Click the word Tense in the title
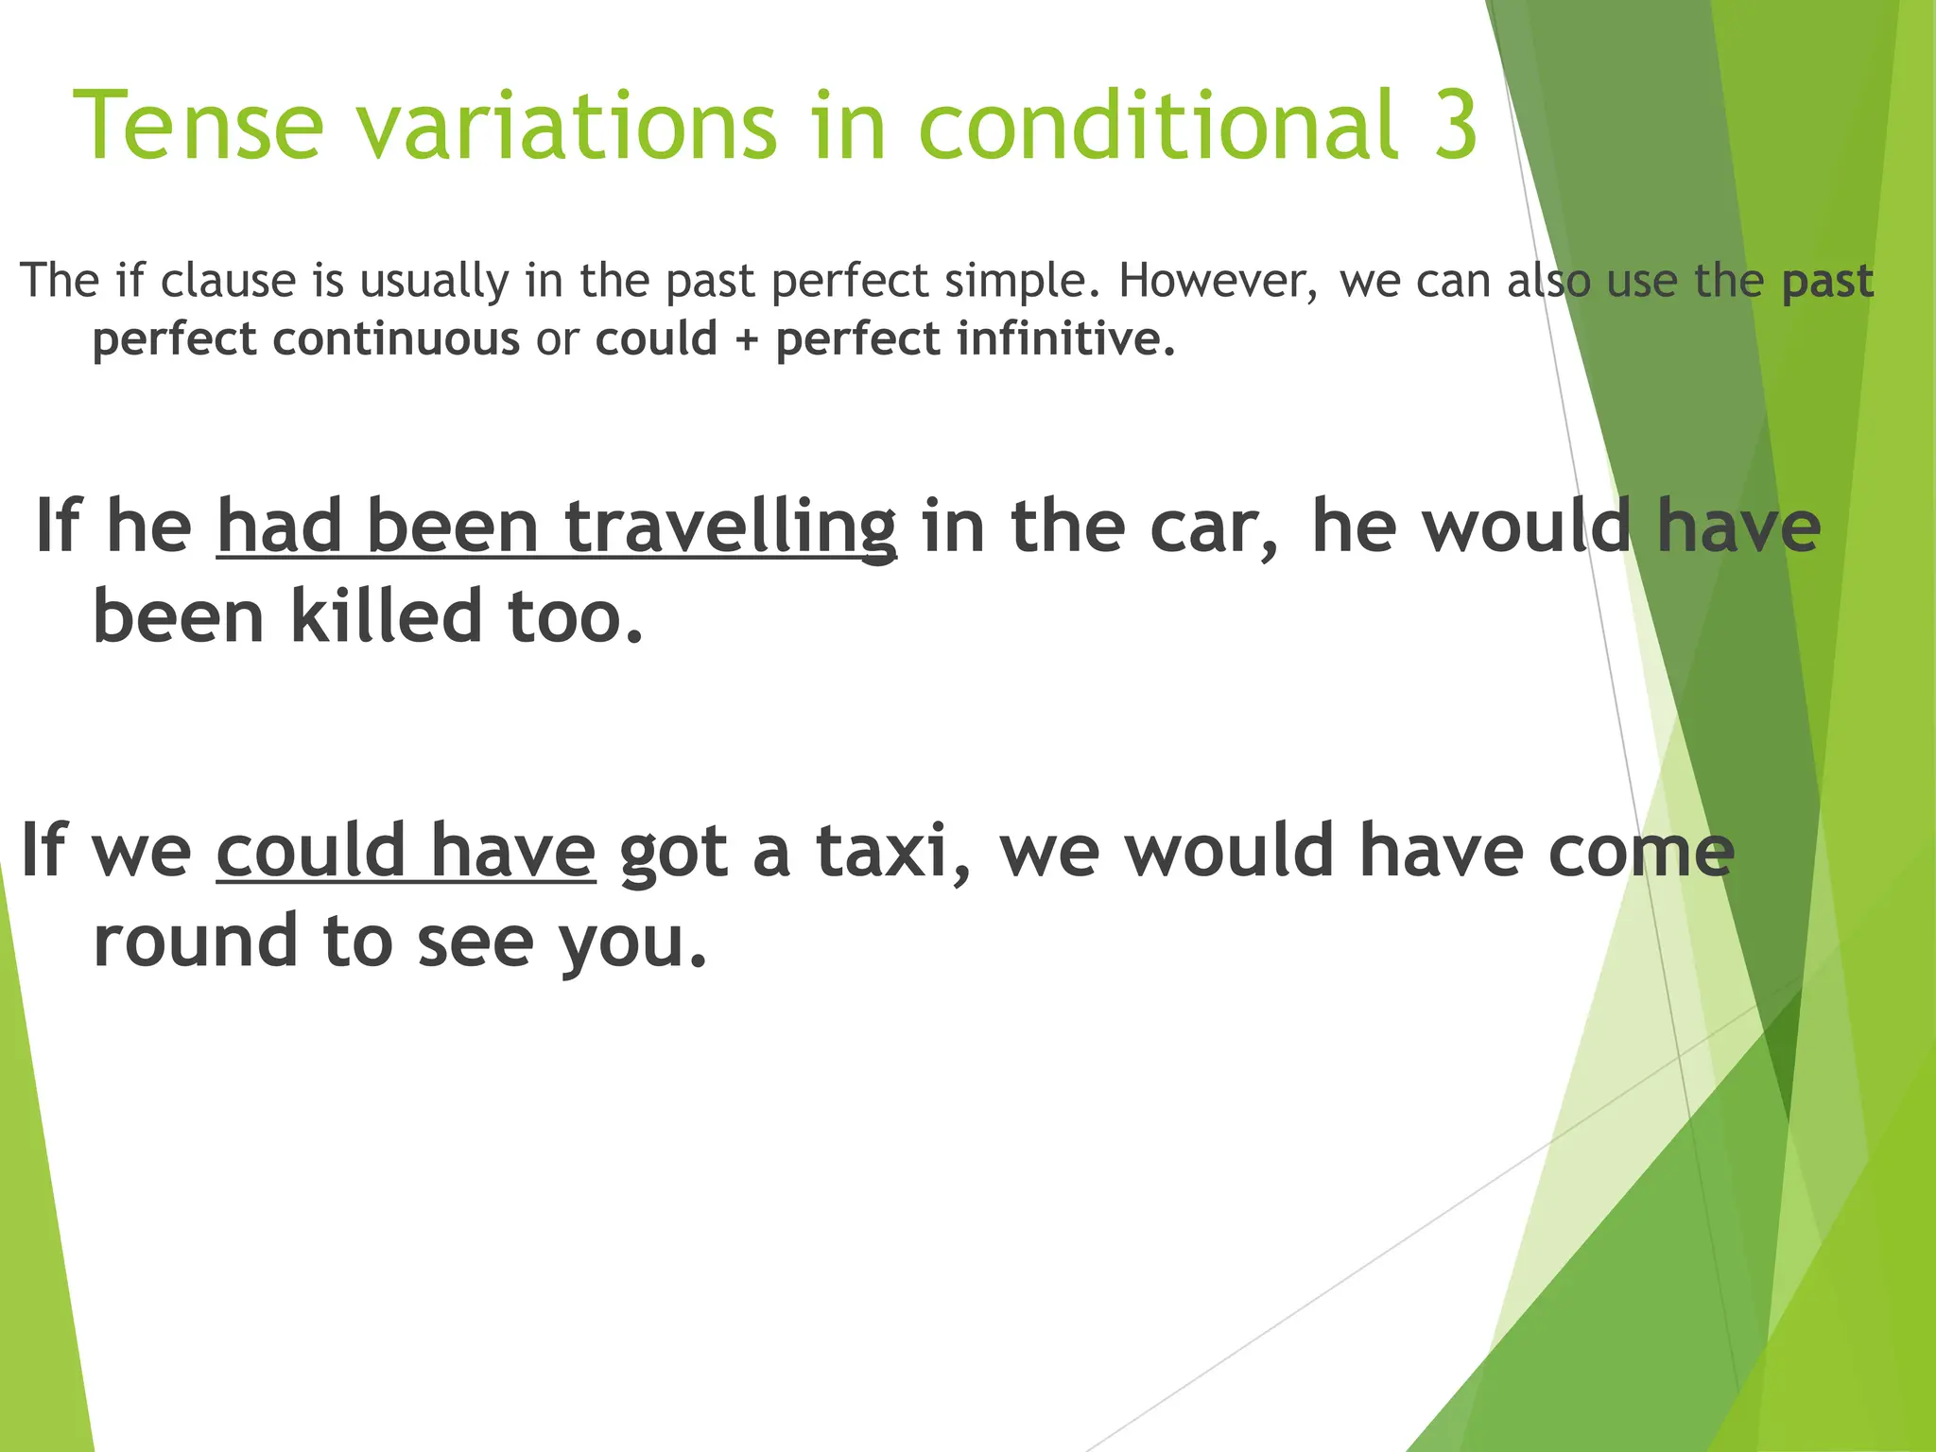(198, 126)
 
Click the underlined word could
(311, 850)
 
